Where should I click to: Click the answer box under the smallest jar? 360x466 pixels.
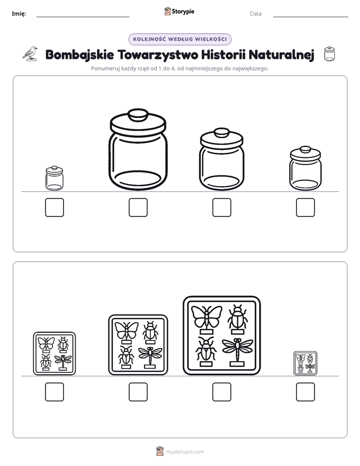54,207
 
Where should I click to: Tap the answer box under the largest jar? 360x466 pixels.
138,207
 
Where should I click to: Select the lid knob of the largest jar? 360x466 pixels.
138,114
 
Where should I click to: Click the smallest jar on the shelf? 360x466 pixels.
54,179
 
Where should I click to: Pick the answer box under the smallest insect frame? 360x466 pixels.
306,392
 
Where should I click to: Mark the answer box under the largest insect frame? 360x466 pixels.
222,392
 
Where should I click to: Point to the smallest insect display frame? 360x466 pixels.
306,364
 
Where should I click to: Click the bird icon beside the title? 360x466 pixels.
30,54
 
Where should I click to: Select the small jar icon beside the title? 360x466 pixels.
329,54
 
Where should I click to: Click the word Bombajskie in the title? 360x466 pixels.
80,55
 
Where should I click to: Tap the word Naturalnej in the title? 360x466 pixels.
281,54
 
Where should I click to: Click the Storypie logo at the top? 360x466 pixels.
179,11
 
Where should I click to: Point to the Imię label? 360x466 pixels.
19,14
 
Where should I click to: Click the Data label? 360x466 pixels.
256,14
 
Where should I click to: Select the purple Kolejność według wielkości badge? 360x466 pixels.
180,39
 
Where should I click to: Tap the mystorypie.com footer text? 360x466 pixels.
185,452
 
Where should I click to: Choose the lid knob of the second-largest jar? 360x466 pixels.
221,133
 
